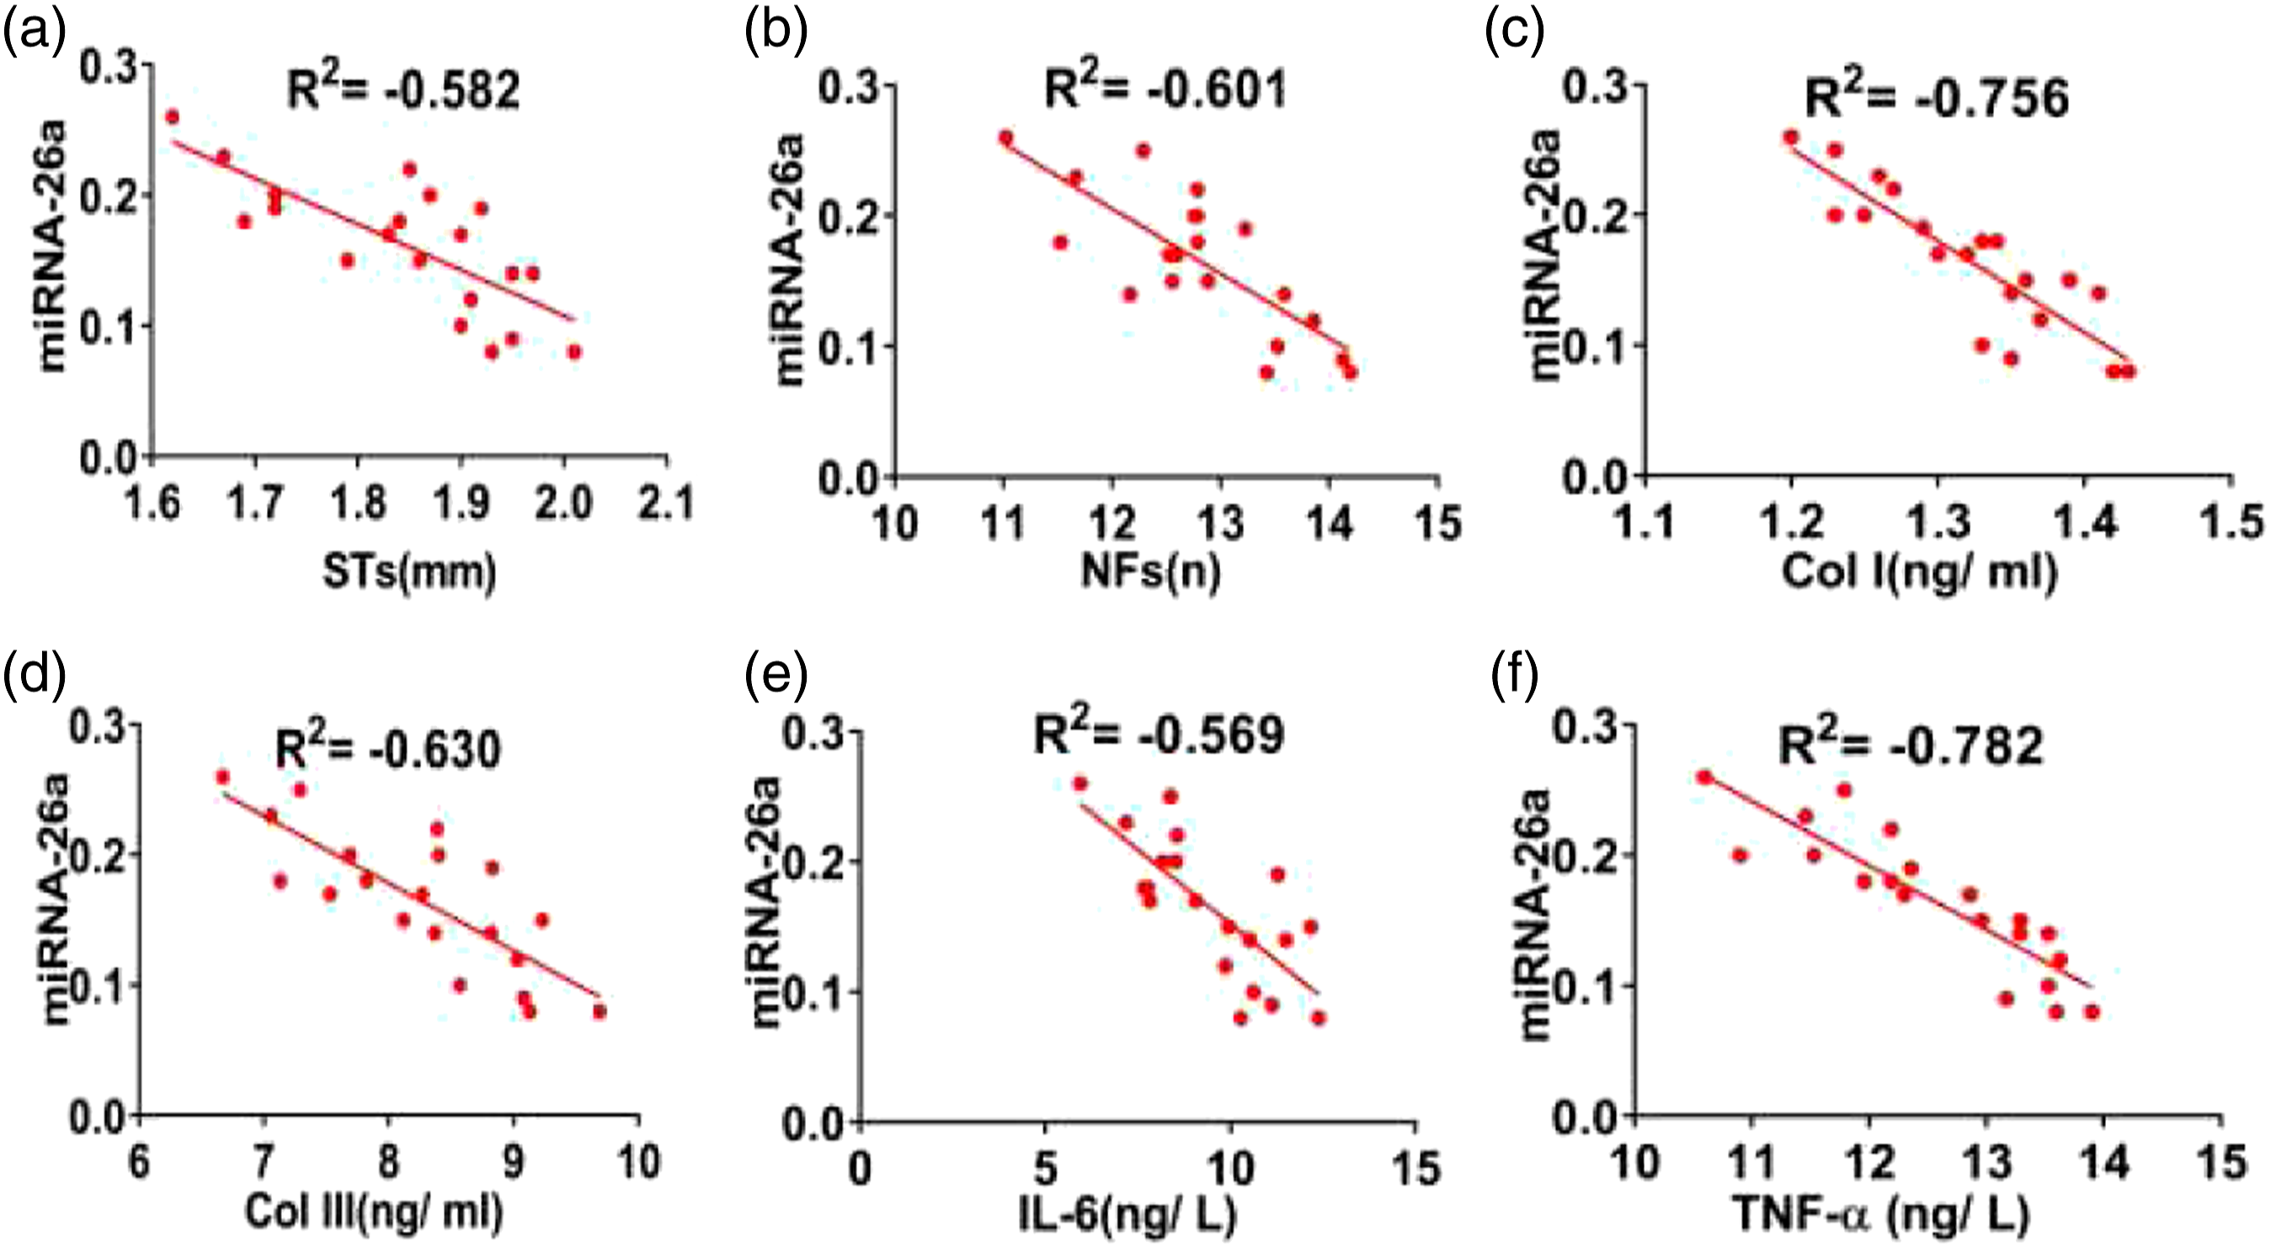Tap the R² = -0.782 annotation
pos(1910,745)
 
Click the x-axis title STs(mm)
pos(409,572)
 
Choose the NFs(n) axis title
pos(1150,572)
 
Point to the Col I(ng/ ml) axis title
pos(1919,572)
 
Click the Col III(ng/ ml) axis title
pos(374,1212)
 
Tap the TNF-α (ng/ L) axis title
pos(1882,1213)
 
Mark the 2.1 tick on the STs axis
pos(667,504)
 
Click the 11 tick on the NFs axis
pos(1003,524)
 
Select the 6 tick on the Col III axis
pos(139,1164)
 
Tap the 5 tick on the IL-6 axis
pos(1046,1168)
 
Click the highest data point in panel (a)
pos(172,116)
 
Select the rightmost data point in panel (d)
pos(600,1011)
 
